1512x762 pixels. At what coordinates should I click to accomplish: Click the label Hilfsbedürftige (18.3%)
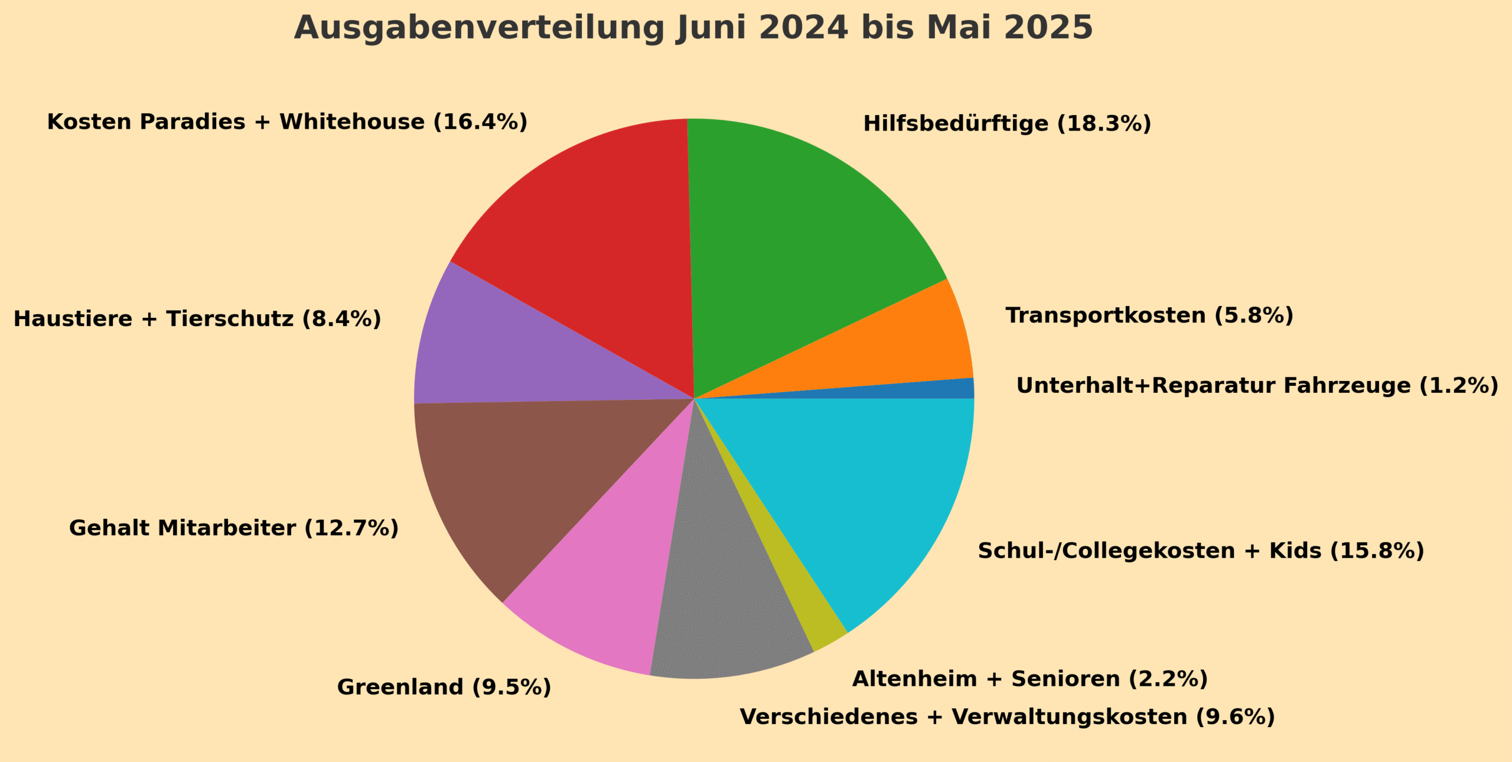click(x=1007, y=124)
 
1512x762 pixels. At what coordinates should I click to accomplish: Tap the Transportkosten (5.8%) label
click(x=1149, y=315)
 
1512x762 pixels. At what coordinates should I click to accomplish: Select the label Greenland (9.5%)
click(x=444, y=687)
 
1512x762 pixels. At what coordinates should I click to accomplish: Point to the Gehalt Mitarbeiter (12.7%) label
click(x=234, y=528)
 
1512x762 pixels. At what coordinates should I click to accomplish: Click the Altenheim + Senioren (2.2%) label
click(x=1029, y=679)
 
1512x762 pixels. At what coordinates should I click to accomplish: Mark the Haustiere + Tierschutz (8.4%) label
click(x=197, y=319)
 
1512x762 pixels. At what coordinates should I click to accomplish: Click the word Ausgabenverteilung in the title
click(x=479, y=28)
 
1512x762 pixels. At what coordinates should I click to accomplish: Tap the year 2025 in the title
click(x=1048, y=28)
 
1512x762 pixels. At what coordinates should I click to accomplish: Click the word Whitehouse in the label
click(x=352, y=122)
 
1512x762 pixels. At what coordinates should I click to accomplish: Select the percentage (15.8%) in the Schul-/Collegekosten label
click(x=1377, y=551)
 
